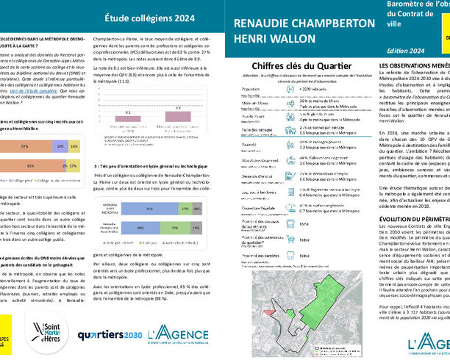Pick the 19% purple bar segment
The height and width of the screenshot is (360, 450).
59,147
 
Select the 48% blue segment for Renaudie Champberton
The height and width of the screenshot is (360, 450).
140,228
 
